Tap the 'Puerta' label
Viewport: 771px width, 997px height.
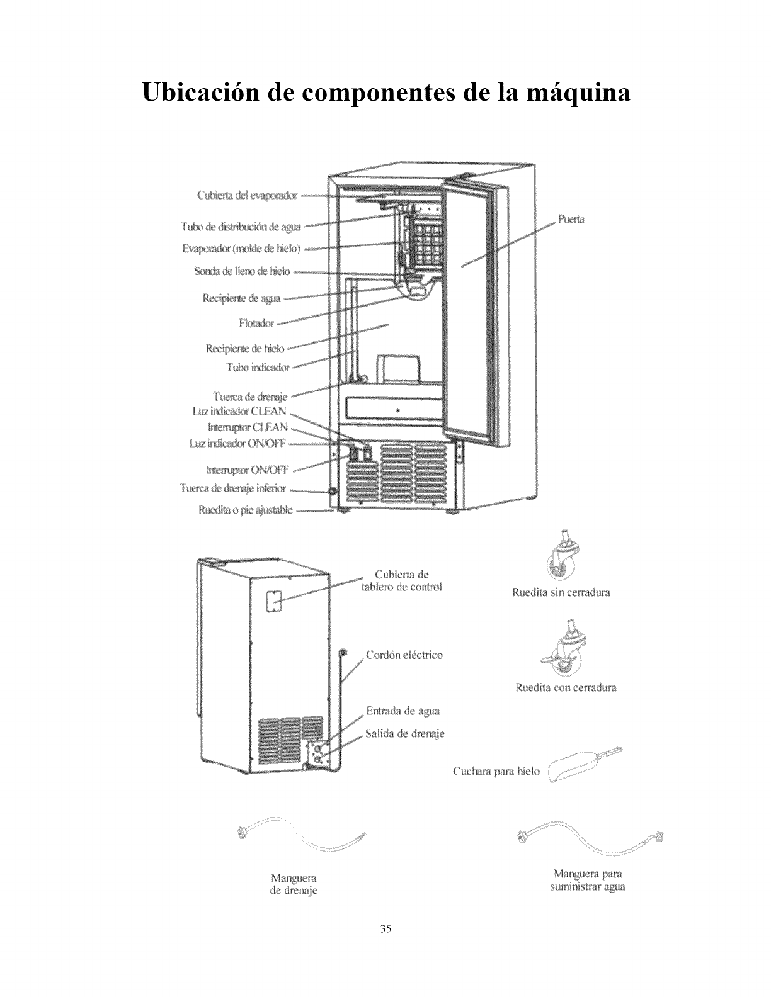pos(571,220)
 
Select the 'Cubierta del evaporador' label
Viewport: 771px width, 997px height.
pos(247,195)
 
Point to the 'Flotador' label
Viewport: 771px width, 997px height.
pos(256,323)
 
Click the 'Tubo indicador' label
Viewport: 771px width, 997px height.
pos(258,367)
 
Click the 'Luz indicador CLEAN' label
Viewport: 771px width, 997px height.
pos(239,412)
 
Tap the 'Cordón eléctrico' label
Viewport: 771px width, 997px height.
pos(404,655)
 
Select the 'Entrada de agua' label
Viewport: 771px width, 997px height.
pos(403,711)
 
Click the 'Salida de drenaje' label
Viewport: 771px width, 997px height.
pos(405,734)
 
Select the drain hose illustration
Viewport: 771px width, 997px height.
pos(302,840)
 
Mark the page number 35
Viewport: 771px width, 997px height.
pos(386,928)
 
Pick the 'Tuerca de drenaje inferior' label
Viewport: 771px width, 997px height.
pos(233,488)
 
